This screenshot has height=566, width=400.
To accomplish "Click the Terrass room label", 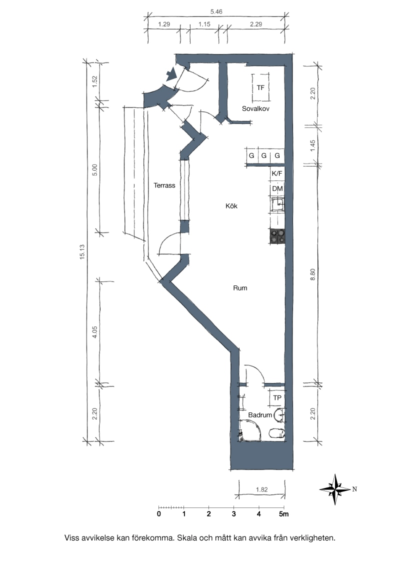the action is coord(164,185).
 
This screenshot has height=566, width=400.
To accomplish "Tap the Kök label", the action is coord(231,206).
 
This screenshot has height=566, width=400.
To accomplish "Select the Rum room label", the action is coord(240,288).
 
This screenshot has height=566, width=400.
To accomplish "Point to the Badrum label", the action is coord(260,415).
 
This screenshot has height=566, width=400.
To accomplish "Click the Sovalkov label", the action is coord(255,108).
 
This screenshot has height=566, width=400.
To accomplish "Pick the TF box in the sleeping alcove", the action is coord(260,87).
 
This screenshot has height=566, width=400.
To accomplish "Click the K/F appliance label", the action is coord(277,173).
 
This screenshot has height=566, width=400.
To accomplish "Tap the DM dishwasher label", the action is coord(277,189).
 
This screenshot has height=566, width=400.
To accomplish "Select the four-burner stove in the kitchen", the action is coord(277,236).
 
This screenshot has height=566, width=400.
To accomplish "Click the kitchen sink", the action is coord(277,204).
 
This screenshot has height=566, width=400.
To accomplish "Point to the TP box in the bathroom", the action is coord(277,398).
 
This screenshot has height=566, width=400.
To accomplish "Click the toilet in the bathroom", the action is coord(277,433).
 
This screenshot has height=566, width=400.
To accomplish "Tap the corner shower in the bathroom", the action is coord(250,431).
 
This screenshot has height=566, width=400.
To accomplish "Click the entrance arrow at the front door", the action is coord(171,74).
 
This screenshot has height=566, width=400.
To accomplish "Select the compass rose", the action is coord(335,489).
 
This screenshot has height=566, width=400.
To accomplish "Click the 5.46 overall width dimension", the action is coord(216,12).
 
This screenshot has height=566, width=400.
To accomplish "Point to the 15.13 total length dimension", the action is coord(82,252).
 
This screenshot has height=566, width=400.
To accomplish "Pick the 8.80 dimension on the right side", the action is coord(312,274).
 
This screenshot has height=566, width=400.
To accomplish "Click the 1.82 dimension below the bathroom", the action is coord(261,490).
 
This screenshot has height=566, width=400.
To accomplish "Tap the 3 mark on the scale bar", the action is coord(234,513).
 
